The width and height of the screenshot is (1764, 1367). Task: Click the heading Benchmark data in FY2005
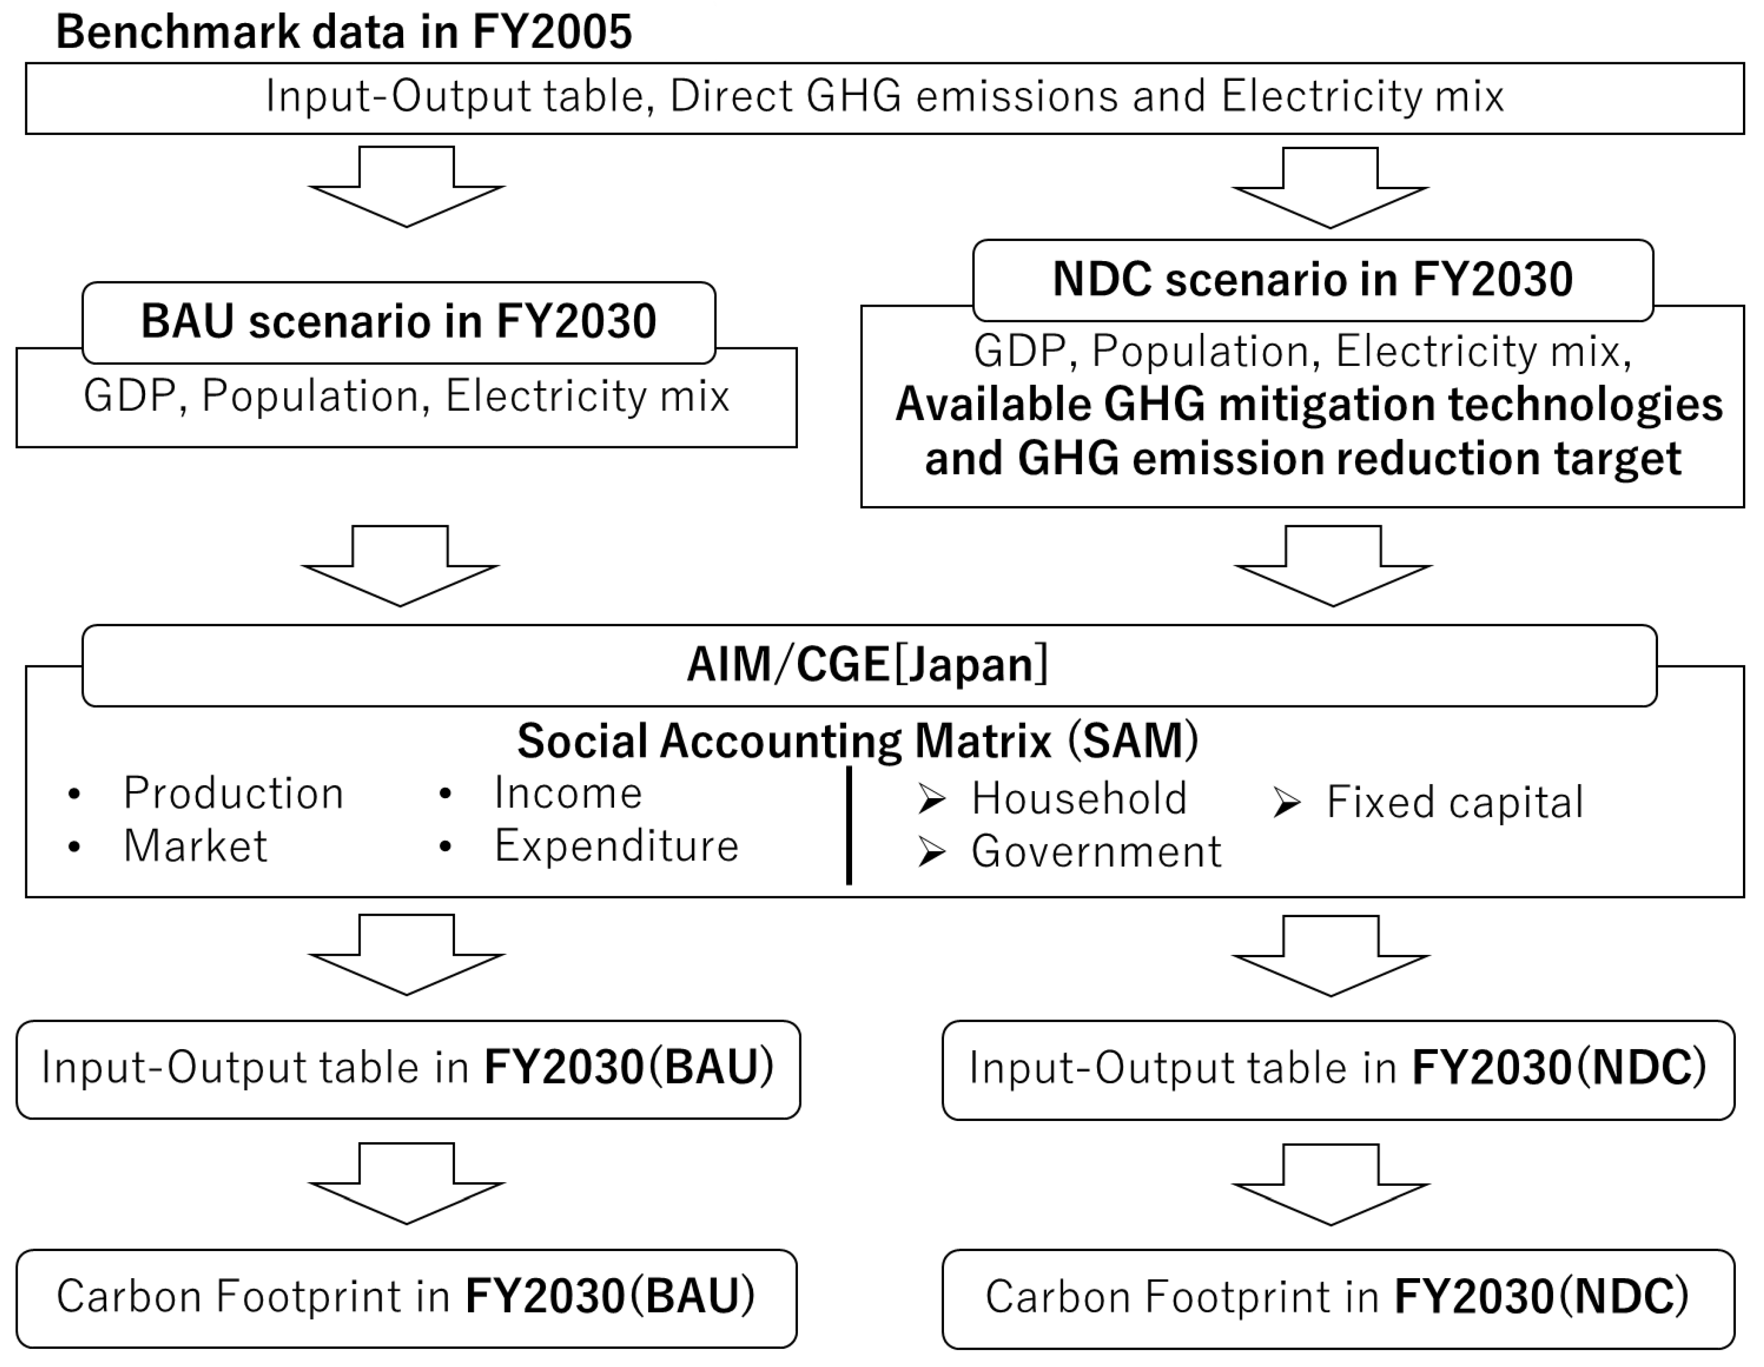[343, 32]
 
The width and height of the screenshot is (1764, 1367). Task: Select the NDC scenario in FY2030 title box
[1313, 280]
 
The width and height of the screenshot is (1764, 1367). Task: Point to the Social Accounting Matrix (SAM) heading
[858, 741]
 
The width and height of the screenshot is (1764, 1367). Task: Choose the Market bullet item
[195, 847]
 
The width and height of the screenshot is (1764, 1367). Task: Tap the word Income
[568, 794]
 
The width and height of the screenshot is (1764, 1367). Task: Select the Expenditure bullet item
[616, 847]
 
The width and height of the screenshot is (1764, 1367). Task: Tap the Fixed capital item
[1454, 803]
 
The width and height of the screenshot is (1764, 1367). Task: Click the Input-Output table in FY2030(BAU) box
[408, 1069]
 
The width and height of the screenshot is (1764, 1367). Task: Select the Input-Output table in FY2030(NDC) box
[1338, 1070]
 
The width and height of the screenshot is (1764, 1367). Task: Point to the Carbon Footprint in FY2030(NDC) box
[1338, 1299]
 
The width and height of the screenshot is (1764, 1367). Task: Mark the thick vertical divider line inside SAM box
[849, 825]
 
